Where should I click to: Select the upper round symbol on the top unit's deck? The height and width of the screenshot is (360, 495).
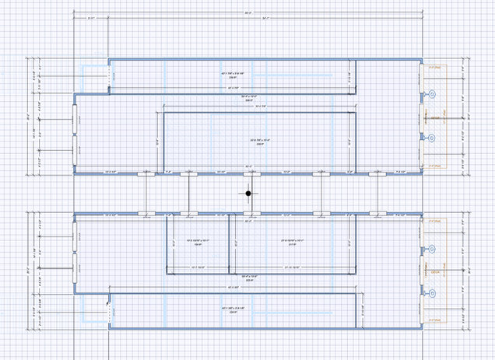[x=432, y=95]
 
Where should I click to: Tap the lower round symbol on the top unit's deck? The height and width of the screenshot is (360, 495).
[x=432, y=138]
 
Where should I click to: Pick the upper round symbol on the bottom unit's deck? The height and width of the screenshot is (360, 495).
[x=432, y=250]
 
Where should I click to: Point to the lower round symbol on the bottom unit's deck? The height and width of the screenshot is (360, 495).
[x=432, y=294]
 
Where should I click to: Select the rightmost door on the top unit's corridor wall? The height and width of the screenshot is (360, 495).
[x=377, y=173]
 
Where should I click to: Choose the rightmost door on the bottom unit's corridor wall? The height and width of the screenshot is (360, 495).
[x=377, y=213]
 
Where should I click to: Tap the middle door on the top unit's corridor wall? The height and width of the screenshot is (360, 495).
[x=247, y=173]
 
